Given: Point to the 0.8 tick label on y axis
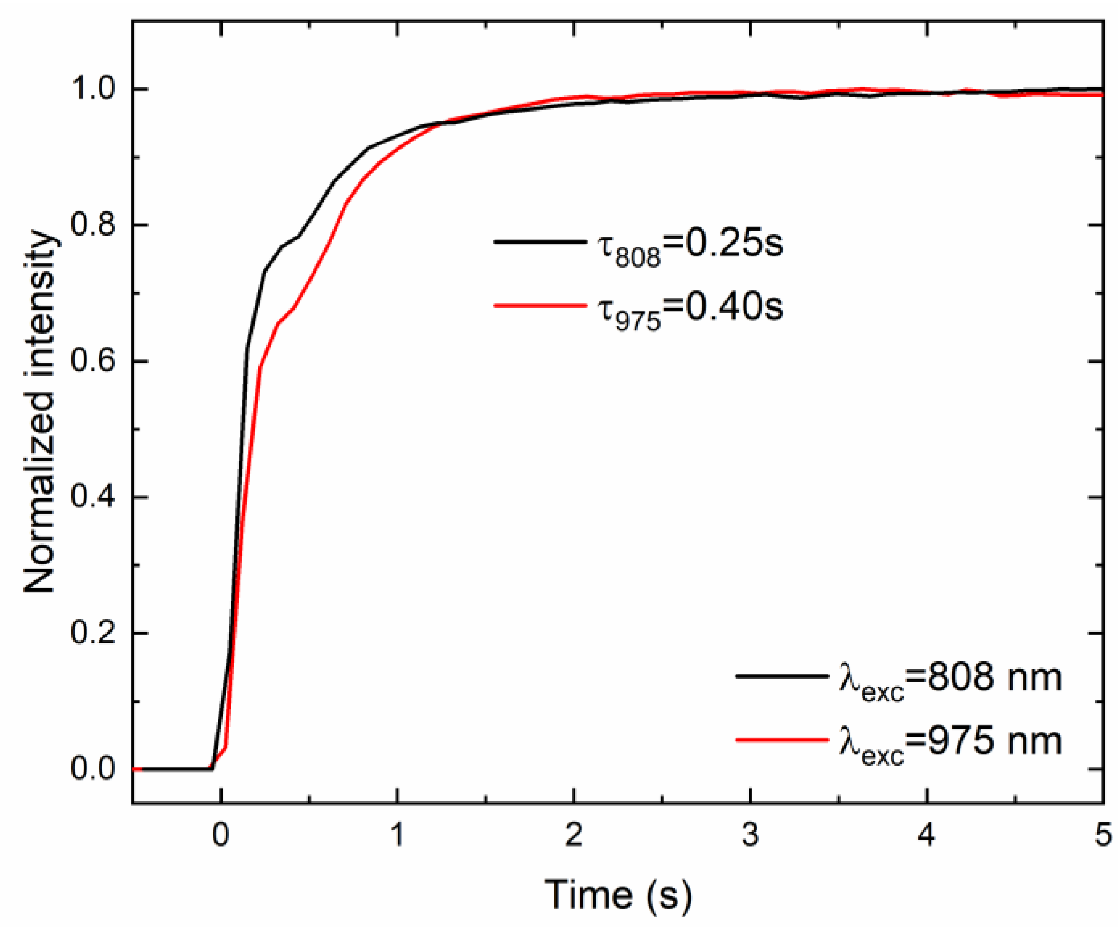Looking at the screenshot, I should pos(93,225).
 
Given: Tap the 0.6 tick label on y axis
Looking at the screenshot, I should pos(93,361).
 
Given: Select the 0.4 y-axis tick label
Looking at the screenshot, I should pos(93,497).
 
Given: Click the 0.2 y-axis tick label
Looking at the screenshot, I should pos(93,633).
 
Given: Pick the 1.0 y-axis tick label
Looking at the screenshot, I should pos(93,89).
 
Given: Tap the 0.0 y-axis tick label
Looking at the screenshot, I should pos(93,769).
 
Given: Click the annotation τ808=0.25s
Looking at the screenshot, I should pos(690,246).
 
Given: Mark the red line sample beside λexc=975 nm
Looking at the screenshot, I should pos(781,740).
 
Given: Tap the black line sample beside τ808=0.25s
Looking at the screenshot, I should pos(539,242).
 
